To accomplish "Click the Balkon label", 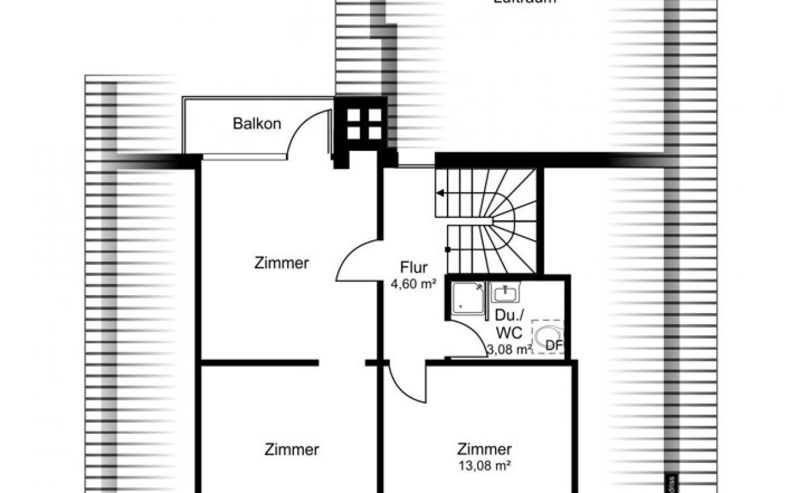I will tap(257, 123).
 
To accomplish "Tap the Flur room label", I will tap(414, 268).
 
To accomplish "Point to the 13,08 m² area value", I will tap(484, 465).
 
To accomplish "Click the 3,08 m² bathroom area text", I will tap(509, 349).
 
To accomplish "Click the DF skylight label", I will tap(554, 346).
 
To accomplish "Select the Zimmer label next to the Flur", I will tap(281, 263).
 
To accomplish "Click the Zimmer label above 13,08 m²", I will tap(484, 449).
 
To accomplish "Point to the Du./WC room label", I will tap(509, 325).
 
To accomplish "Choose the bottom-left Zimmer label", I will tap(292, 450).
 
